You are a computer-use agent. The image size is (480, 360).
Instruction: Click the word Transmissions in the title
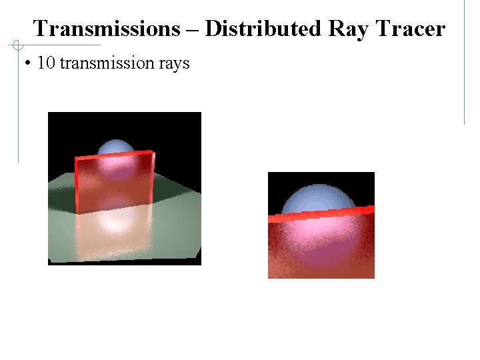click(106, 29)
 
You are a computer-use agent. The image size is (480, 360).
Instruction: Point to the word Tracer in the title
click(410, 29)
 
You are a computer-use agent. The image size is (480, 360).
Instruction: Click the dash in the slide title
click(192, 29)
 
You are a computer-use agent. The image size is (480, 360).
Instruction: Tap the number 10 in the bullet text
click(46, 63)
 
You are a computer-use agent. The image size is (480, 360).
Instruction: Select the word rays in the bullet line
click(175, 63)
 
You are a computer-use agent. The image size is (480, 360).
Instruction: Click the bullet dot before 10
click(27, 64)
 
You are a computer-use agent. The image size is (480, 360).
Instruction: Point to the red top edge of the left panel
click(113, 155)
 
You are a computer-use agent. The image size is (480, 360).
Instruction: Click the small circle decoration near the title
click(18, 45)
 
